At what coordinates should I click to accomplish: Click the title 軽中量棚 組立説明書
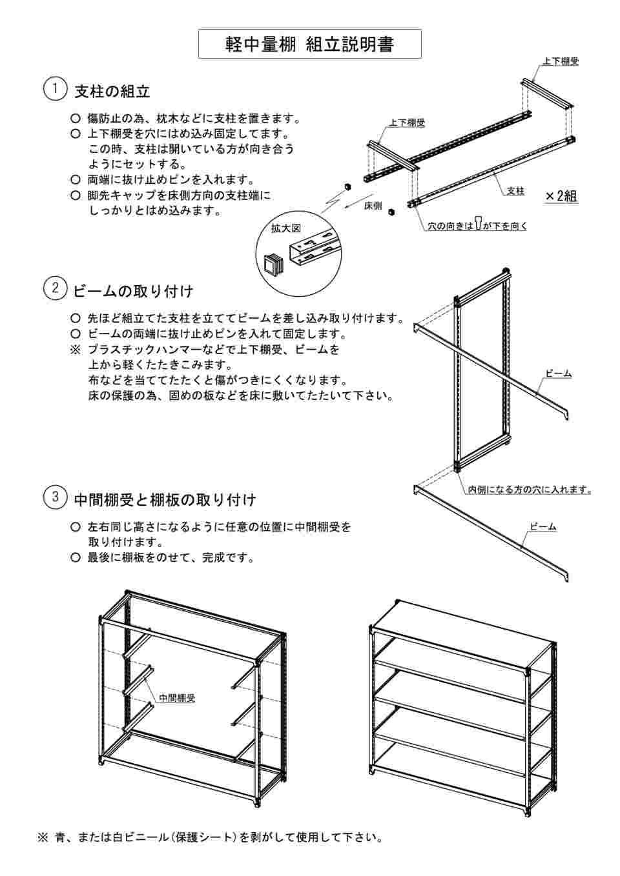click(x=309, y=44)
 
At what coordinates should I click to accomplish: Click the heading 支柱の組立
click(x=112, y=92)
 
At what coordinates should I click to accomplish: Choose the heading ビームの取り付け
click(x=134, y=291)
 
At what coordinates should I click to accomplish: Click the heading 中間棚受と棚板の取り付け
click(x=165, y=499)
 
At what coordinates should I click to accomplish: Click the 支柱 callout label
click(x=515, y=191)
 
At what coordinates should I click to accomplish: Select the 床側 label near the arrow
click(x=373, y=206)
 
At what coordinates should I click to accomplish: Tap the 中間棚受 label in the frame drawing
click(x=176, y=697)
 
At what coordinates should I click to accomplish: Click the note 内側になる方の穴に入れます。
click(x=530, y=490)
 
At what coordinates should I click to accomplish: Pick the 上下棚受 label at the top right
click(x=560, y=62)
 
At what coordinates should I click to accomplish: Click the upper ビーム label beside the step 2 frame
click(x=558, y=373)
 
